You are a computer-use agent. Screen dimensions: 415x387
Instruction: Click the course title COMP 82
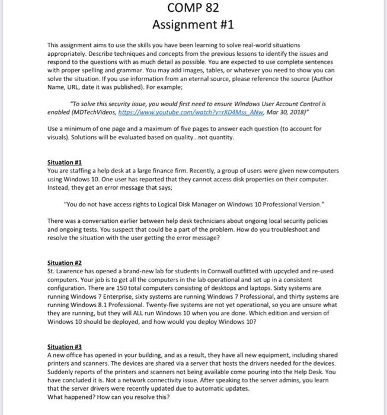193,8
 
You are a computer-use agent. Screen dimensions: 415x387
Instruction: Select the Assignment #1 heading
193,25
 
